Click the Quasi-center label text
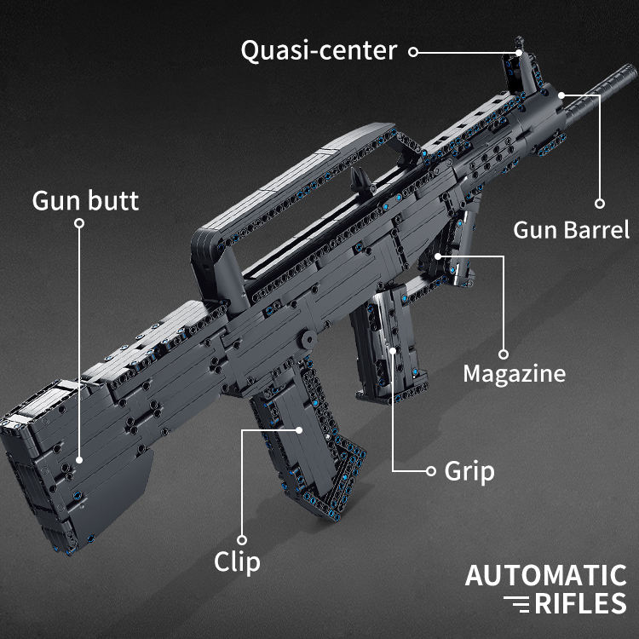(x=319, y=51)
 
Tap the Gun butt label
(x=85, y=200)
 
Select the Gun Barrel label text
(x=572, y=230)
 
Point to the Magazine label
(x=515, y=374)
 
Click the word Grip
(x=469, y=472)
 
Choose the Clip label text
(x=237, y=562)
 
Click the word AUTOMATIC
(x=545, y=575)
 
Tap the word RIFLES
(x=580, y=603)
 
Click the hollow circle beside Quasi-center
(x=413, y=52)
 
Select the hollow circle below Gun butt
(x=79, y=223)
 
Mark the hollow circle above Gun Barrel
(x=600, y=204)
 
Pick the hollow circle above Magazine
(x=504, y=354)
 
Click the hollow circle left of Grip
(x=431, y=471)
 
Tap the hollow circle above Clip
(x=242, y=540)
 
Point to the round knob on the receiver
(x=308, y=339)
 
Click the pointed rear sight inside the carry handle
(x=361, y=179)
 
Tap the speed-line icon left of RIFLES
(x=517, y=604)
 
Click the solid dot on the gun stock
(x=79, y=460)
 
